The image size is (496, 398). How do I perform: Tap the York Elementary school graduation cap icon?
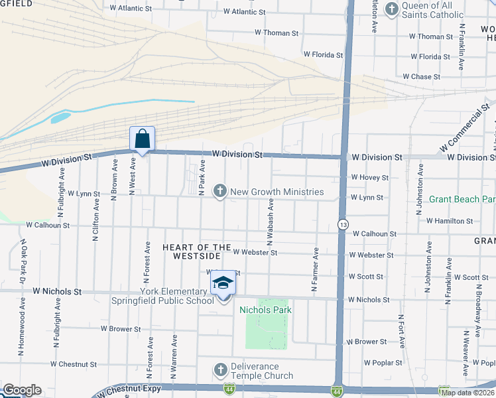click(x=223, y=285)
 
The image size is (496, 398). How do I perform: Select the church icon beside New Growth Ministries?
click(x=220, y=192)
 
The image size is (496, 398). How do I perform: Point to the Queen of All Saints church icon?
click(x=392, y=9)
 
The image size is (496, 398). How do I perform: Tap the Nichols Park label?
click(x=266, y=310)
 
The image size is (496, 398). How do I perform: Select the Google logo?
click(x=21, y=390)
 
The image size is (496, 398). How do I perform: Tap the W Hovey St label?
click(x=370, y=178)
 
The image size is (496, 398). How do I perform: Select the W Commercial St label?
click(x=464, y=125)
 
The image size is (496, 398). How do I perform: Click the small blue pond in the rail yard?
click(x=60, y=119)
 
